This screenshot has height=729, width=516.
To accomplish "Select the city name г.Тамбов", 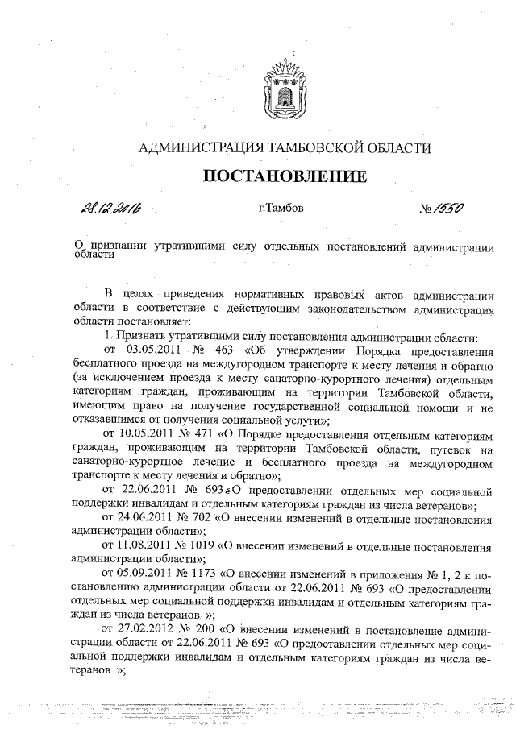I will point(281,209).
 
